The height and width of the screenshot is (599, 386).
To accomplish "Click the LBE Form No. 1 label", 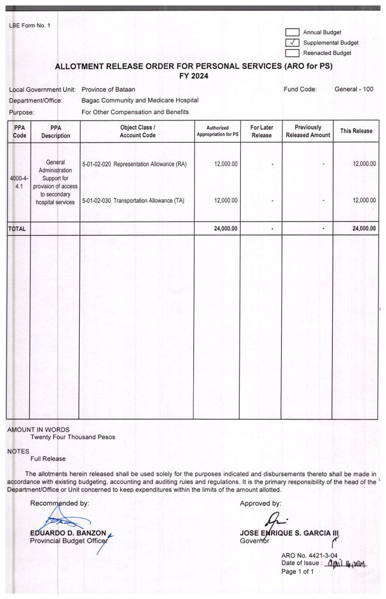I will (30, 26).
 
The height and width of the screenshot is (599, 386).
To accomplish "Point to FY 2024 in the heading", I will (193, 76).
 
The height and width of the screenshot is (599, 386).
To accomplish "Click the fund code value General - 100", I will (353, 89).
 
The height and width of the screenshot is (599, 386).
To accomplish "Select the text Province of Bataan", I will (108, 89).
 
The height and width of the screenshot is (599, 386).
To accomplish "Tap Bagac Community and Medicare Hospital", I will (140, 101).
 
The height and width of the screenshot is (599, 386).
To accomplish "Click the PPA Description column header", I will (56, 131).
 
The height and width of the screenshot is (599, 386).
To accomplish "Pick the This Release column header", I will (356, 131).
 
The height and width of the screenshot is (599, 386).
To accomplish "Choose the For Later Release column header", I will (261, 131).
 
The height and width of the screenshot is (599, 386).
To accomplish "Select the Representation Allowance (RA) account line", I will (135, 164).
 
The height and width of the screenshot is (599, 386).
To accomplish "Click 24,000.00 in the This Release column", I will (364, 229).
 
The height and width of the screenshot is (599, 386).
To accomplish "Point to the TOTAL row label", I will (18, 229).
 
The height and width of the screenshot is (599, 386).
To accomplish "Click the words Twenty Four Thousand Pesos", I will (73, 437).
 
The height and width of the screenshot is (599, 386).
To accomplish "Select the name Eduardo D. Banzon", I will (68, 533).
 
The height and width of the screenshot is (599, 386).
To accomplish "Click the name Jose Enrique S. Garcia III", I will (289, 533).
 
